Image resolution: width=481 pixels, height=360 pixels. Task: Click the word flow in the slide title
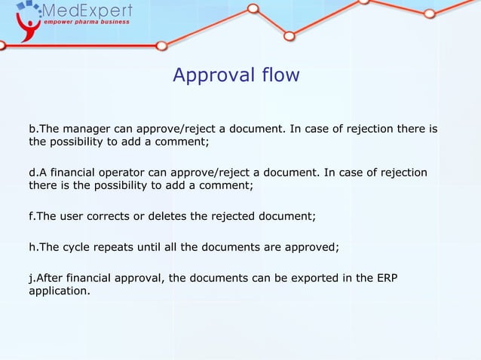pyautogui.click(x=280, y=76)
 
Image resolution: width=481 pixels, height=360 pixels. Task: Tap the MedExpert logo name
pyautogui.click(x=88, y=11)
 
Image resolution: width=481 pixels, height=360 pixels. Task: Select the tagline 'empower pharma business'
pyautogui.click(x=85, y=22)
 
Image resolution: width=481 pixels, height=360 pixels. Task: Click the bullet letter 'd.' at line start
pyautogui.click(x=33, y=172)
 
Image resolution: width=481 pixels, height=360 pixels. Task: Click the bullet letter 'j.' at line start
pyautogui.click(x=32, y=278)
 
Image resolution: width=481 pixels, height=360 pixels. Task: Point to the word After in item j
pyautogui.click(x=50, y=278)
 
